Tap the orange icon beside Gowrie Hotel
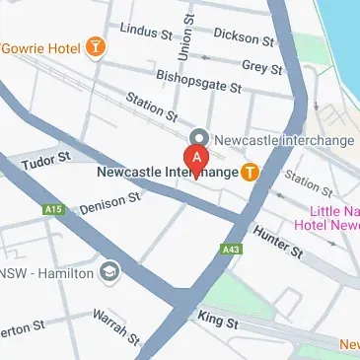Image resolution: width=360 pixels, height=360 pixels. point(95,46)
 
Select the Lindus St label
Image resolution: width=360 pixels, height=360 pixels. point(143,31)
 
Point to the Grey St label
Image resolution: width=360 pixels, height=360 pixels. point(261,67)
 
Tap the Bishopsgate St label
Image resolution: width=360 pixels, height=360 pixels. point(198,81)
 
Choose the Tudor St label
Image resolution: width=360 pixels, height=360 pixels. point(46,159)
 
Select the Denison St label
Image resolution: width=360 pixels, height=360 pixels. point(110,202)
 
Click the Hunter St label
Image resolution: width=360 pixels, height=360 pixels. point(277,241)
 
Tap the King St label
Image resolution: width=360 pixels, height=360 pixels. point(211,318)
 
